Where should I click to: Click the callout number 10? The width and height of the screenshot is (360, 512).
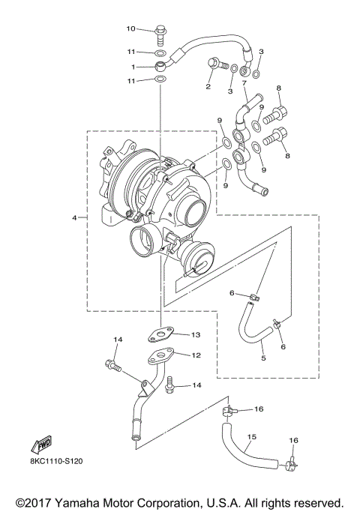pos(130,28)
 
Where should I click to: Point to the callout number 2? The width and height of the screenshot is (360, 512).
pos(208,87)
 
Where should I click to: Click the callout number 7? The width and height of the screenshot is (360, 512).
pos(244,84)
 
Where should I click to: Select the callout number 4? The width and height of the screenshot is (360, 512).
pos(74,217)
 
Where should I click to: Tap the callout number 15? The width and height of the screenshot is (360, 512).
pos(251,436)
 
